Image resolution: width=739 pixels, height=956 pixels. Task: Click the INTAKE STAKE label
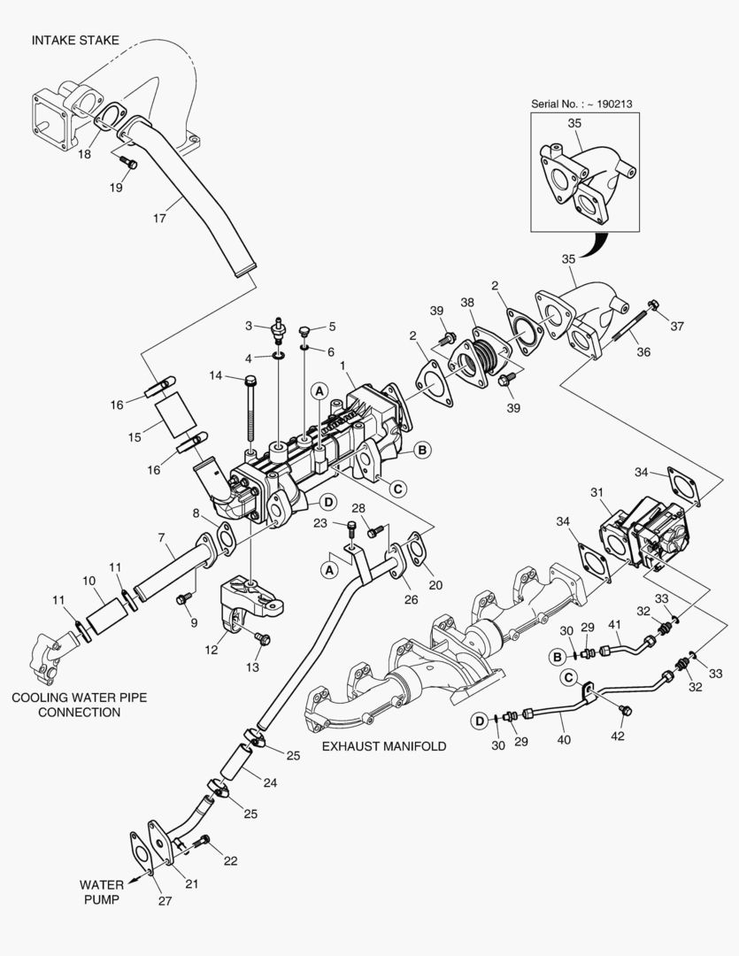pyautogui.click(x=75, y=40)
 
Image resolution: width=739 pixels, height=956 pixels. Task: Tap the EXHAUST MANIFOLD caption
pyautogui.click(x=384, y=745)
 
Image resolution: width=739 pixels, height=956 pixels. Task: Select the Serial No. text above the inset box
pyautogui.click(x=581, y=104)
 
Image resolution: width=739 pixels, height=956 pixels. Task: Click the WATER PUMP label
pyautogui.click(x=102, y=891)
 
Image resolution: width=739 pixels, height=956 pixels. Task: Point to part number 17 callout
pyautogui.click(x=159, y=218)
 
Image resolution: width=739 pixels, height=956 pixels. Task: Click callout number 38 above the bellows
pyautogui.click(x=467, y=303)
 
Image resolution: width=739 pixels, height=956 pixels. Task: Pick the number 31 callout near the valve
pyautogui.click(x=597, y=492)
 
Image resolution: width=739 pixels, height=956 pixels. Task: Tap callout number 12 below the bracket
pyautogui.click(x=211, y=650)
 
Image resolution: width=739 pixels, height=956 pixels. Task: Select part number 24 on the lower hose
pyautogui.click(x=270, y=783)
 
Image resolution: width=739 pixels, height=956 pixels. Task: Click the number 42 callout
pyautogui.click(x=618, y=736)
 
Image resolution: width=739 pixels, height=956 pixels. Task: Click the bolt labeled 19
pyautogui.click(x=128, y=163)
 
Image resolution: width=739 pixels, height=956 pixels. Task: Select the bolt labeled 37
pyautogui.click(x=653, y=305)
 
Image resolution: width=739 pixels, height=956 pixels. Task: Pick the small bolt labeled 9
pyautogui.click(x=182, y=600)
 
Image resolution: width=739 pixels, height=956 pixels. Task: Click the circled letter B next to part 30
pyautogui.click(x=557, y=657)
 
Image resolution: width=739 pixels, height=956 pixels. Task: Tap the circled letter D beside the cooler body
pyautogui.click(x=328, y=502)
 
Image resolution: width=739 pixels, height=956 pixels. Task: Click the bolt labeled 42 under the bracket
pyautogui.click(x=624, y=710)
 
